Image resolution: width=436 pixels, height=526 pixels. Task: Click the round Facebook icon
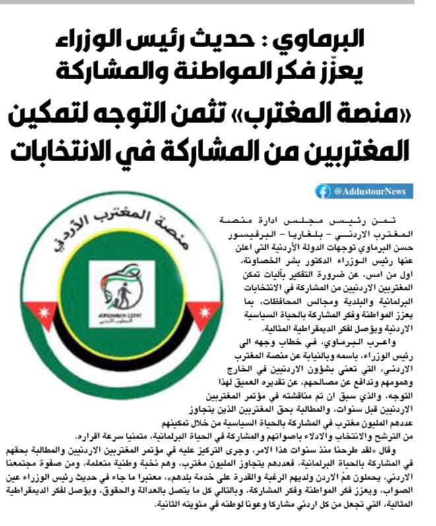(323, 191)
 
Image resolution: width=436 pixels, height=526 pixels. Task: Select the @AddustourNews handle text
(373, 191)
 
